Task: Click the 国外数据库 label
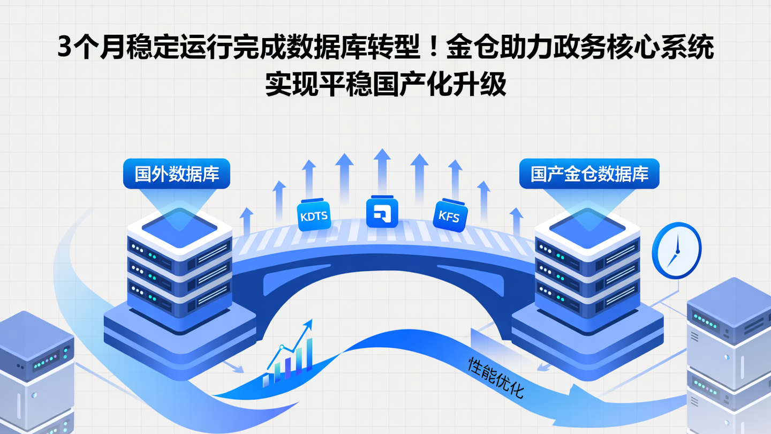click(x=177, y=174)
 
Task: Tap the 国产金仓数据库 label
click(x=589, y=174)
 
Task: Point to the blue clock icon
click(x=676, y=250)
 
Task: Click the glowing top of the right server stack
click(x=587, y=225)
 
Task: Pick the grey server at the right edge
click(x=731, y=359)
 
